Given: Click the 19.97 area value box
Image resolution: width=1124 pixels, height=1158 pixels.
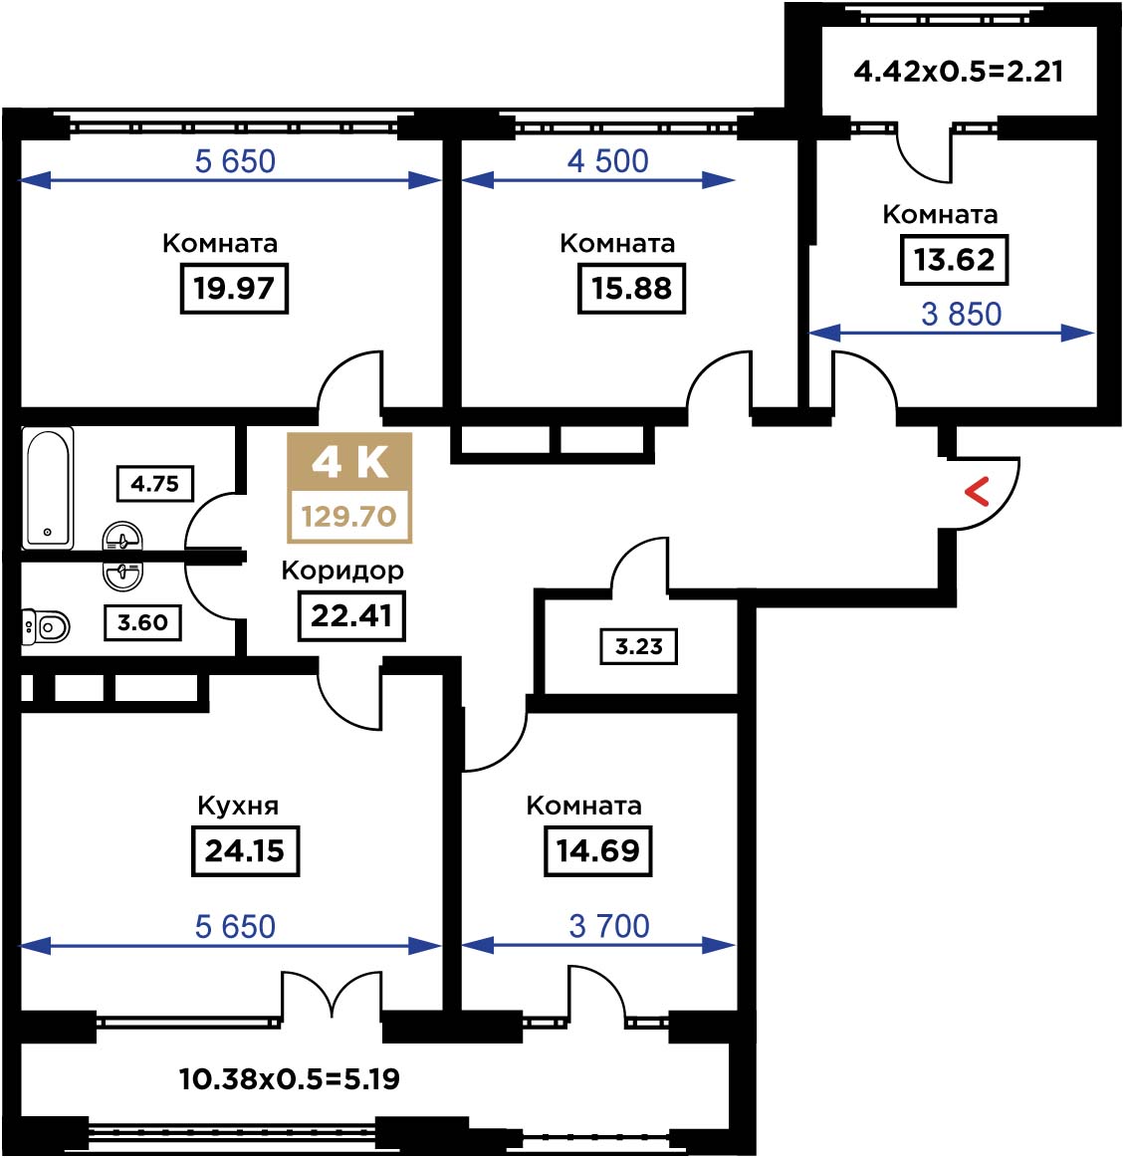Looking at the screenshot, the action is (234, 288).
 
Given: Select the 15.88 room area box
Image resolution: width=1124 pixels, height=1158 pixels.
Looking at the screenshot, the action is (631, 288).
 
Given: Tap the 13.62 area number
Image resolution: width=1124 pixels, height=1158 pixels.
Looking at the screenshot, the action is (954, 260).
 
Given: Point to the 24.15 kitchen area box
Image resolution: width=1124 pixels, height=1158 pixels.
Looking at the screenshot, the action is (245, 850).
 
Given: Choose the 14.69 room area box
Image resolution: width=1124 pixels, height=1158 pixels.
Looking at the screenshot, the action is (598, 850).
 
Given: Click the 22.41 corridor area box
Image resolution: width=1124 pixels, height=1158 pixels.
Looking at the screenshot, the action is (351, 616).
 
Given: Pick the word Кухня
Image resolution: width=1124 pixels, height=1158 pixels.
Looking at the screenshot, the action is (239, 805).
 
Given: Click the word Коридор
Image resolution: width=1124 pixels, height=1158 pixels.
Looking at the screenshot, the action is (342, 571).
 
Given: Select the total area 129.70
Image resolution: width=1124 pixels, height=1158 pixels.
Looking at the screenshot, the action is (348, 516).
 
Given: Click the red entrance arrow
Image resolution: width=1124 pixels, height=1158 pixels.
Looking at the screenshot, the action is (977, 492).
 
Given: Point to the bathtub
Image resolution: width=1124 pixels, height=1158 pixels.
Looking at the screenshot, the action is (48, 488).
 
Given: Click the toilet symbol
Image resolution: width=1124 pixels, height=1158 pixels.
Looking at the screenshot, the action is (46, 627).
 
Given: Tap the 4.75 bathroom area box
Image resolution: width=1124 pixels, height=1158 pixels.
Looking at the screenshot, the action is (155, 484).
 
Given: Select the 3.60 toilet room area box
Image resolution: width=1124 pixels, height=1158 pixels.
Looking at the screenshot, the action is (142, 622).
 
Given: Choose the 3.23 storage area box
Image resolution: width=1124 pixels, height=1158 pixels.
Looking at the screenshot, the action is (639, 646).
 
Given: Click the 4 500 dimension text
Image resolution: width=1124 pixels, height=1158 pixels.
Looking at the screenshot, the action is (607, 161).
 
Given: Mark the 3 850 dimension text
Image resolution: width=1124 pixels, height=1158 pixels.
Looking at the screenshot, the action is (962, 315).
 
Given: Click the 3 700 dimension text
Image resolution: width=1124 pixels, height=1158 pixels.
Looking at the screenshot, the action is (609, 926).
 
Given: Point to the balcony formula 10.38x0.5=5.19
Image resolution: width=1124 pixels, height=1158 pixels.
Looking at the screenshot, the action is (290, 1079).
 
